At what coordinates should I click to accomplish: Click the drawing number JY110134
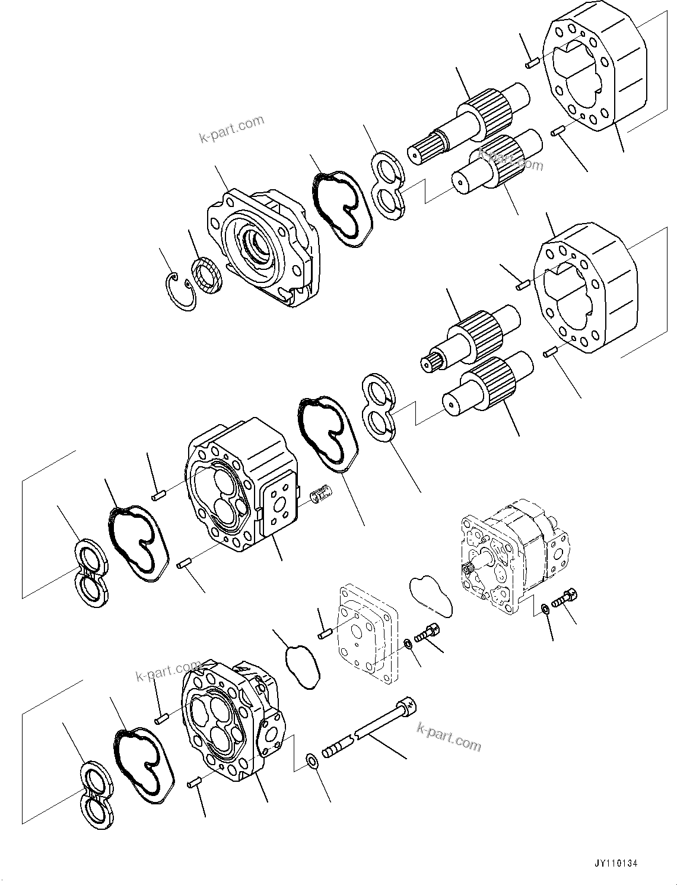614,864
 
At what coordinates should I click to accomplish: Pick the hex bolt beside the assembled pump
564,599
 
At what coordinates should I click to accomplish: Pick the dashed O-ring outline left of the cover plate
302,667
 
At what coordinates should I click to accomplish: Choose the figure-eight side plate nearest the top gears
389,184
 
